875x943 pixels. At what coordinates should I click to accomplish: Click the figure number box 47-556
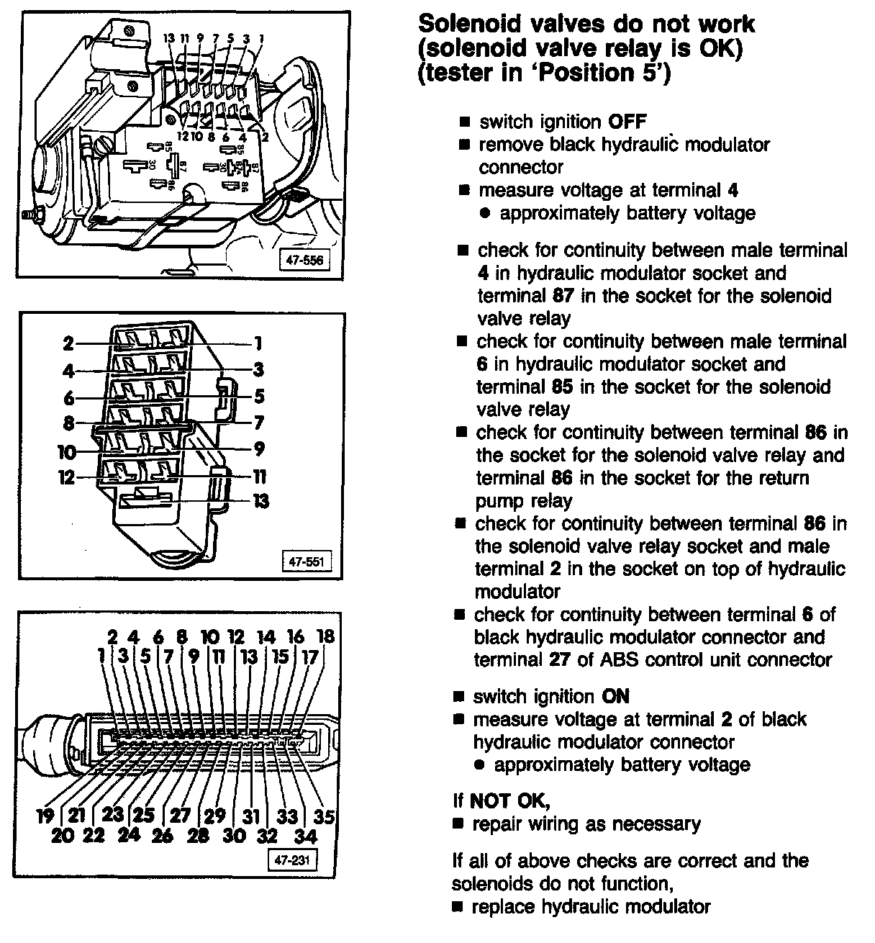pos(304,261)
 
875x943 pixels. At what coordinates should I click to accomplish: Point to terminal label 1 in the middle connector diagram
pos(258,343)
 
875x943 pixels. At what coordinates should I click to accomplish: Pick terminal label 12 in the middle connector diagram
pos(66,477)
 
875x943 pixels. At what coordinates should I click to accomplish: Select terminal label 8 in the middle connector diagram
pos(68,423)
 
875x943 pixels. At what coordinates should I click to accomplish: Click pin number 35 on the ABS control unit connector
pos(325,816)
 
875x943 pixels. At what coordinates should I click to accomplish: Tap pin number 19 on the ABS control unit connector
pos(45,816)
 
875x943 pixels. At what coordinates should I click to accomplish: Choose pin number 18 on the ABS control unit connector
pos(325,637)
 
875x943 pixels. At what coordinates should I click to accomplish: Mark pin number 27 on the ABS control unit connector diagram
pos(179,816)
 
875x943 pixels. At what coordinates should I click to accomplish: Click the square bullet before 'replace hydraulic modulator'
pos(457,907)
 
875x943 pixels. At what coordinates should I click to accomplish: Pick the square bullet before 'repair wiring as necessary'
pos(458,824)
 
